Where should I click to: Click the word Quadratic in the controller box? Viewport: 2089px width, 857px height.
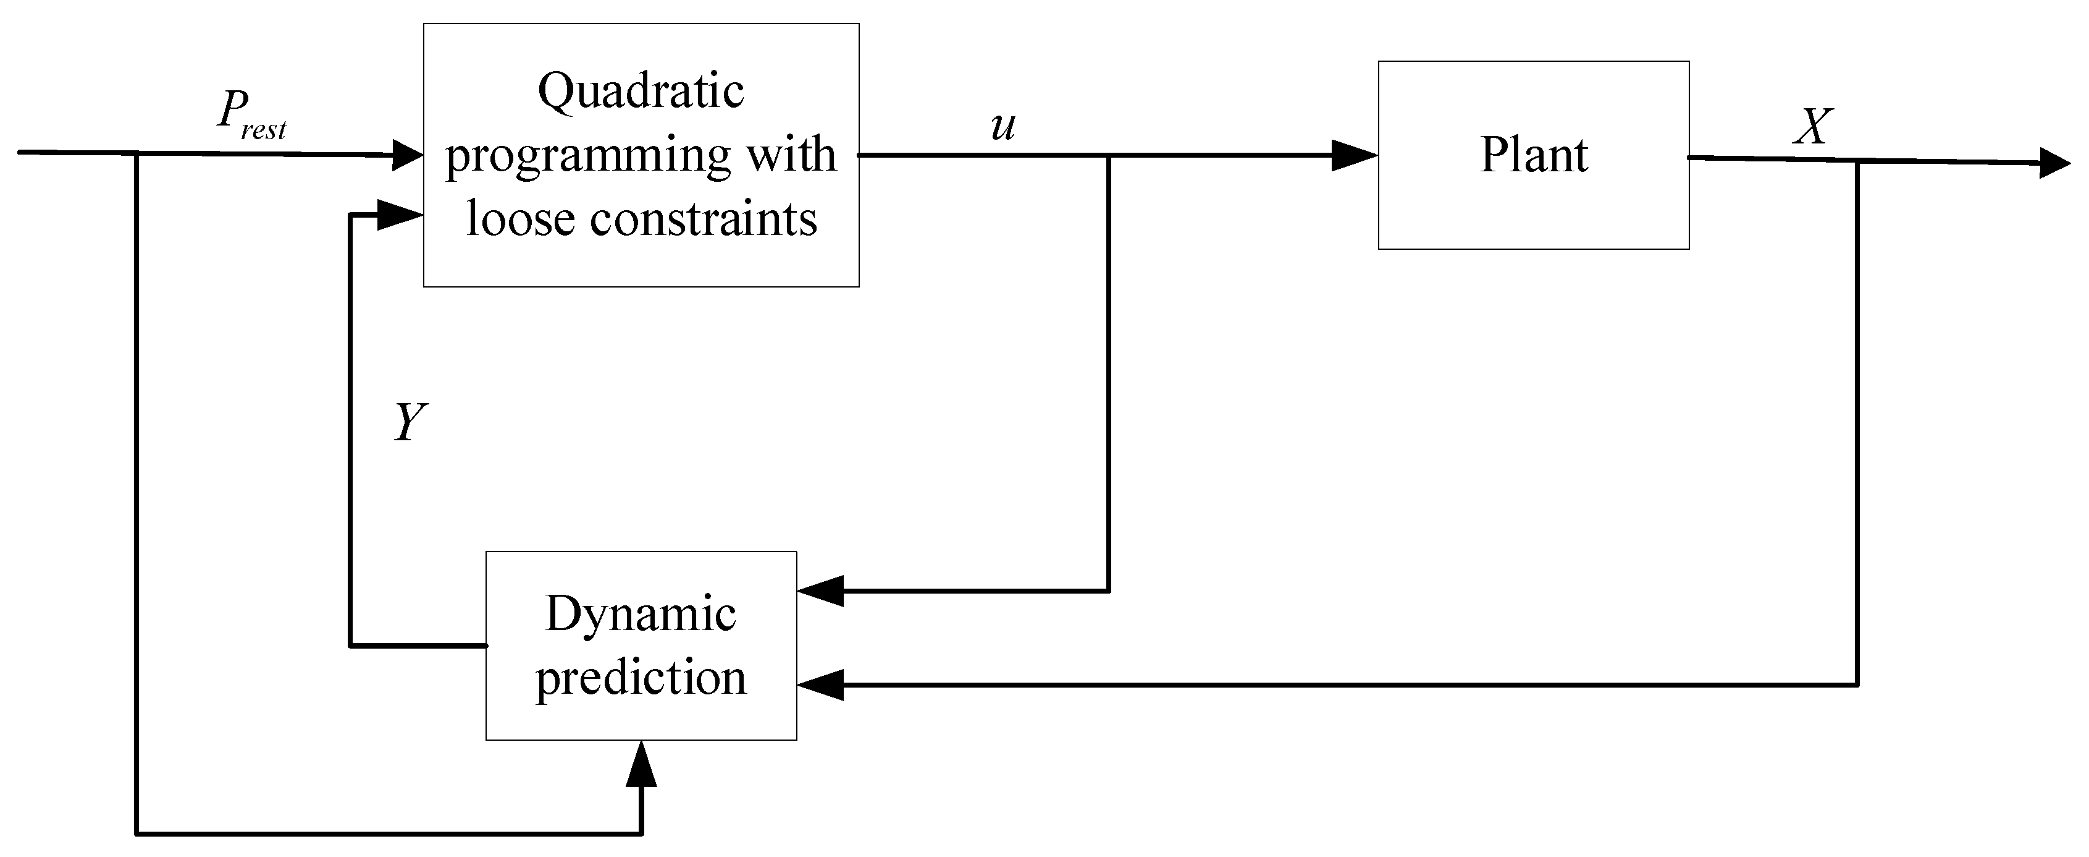640,91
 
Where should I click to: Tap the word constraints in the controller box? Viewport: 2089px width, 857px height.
703,219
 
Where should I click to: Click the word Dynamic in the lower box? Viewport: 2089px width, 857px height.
640,615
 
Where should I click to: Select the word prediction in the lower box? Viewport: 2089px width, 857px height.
640,678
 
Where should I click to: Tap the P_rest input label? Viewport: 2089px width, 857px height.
251,114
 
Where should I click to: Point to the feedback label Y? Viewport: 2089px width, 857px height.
410,422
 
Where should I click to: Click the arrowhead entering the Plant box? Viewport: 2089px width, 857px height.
1355,155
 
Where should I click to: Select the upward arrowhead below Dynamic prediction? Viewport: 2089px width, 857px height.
641,764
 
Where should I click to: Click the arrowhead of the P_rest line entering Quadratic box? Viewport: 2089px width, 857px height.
407,154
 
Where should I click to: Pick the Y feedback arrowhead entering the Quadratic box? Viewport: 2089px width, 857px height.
401,215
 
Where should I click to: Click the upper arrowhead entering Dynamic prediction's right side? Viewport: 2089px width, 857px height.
821,591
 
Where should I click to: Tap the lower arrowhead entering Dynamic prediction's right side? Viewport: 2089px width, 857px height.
821,685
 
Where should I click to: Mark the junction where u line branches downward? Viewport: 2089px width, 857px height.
1108,156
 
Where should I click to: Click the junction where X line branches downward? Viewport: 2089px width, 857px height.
1857,161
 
